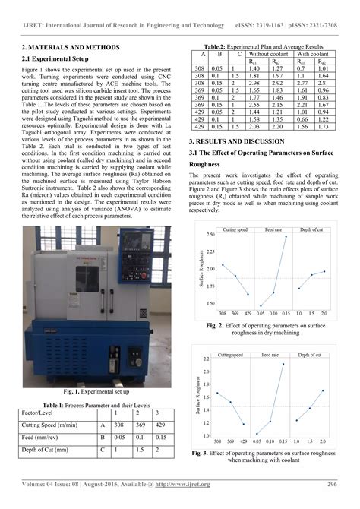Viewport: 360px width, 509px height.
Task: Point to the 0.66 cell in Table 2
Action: [x=302, y=119]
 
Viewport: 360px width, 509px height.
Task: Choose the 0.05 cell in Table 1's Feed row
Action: [x=117, y=438]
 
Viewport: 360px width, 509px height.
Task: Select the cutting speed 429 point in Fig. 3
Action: [x=245, y=424]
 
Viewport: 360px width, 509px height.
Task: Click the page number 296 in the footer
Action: [x=332, y=484]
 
